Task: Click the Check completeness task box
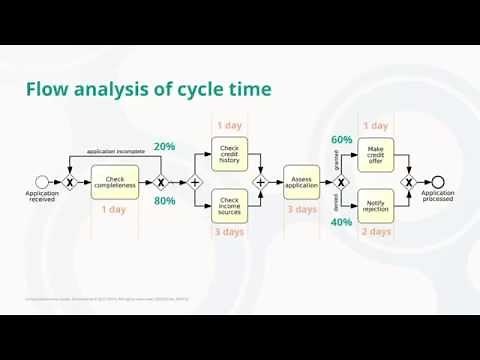[x=114, y=182]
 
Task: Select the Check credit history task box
[x=229, y=155]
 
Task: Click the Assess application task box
[x=301, y=182]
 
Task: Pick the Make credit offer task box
[x=375, y=155]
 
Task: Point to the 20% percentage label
[x=164, y=146]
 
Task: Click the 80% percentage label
[x=164, y=201]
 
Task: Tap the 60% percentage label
[x=341, y=139]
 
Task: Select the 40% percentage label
[x=341, y=222]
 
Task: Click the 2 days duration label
[x=376, y=232]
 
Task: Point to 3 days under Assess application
[x=301, y=210]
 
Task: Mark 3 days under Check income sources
[x=229, y=232]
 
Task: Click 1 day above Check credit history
[x=229, y=126]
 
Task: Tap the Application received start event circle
[x=42, y=182]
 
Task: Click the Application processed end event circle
[x=437, y=182]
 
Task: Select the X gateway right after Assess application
[x=341, y=182]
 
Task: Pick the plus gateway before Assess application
[x=260, y=182]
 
